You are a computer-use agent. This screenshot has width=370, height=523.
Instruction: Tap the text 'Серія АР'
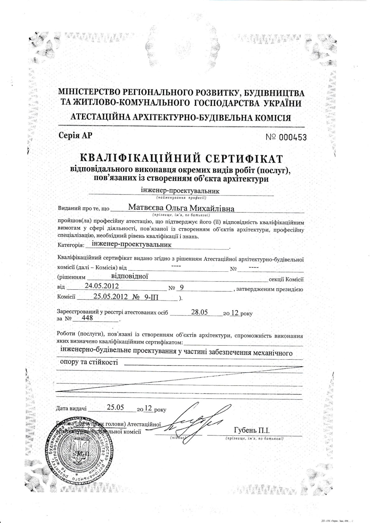click(75, 135)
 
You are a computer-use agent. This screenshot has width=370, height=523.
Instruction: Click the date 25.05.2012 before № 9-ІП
click(110, 296)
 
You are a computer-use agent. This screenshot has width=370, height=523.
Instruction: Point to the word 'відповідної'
click(129, 275)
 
